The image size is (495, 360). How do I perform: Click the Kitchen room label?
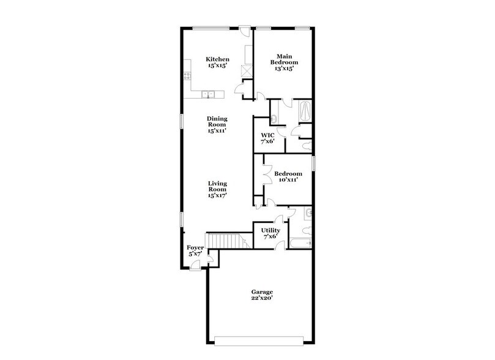coord(217,59)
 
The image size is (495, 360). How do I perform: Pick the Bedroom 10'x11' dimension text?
coord(288,180)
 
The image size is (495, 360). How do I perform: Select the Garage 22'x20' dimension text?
coord(262,299)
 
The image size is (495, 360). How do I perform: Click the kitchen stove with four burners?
coord(187,77)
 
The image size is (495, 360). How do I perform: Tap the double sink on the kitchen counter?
coord(209,94)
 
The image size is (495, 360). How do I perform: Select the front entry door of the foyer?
coord(196,264)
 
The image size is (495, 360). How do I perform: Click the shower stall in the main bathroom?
coord(303,111)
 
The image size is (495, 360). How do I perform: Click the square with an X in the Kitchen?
coord(247,70)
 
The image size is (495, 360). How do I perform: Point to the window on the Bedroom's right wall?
coord(313,163)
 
